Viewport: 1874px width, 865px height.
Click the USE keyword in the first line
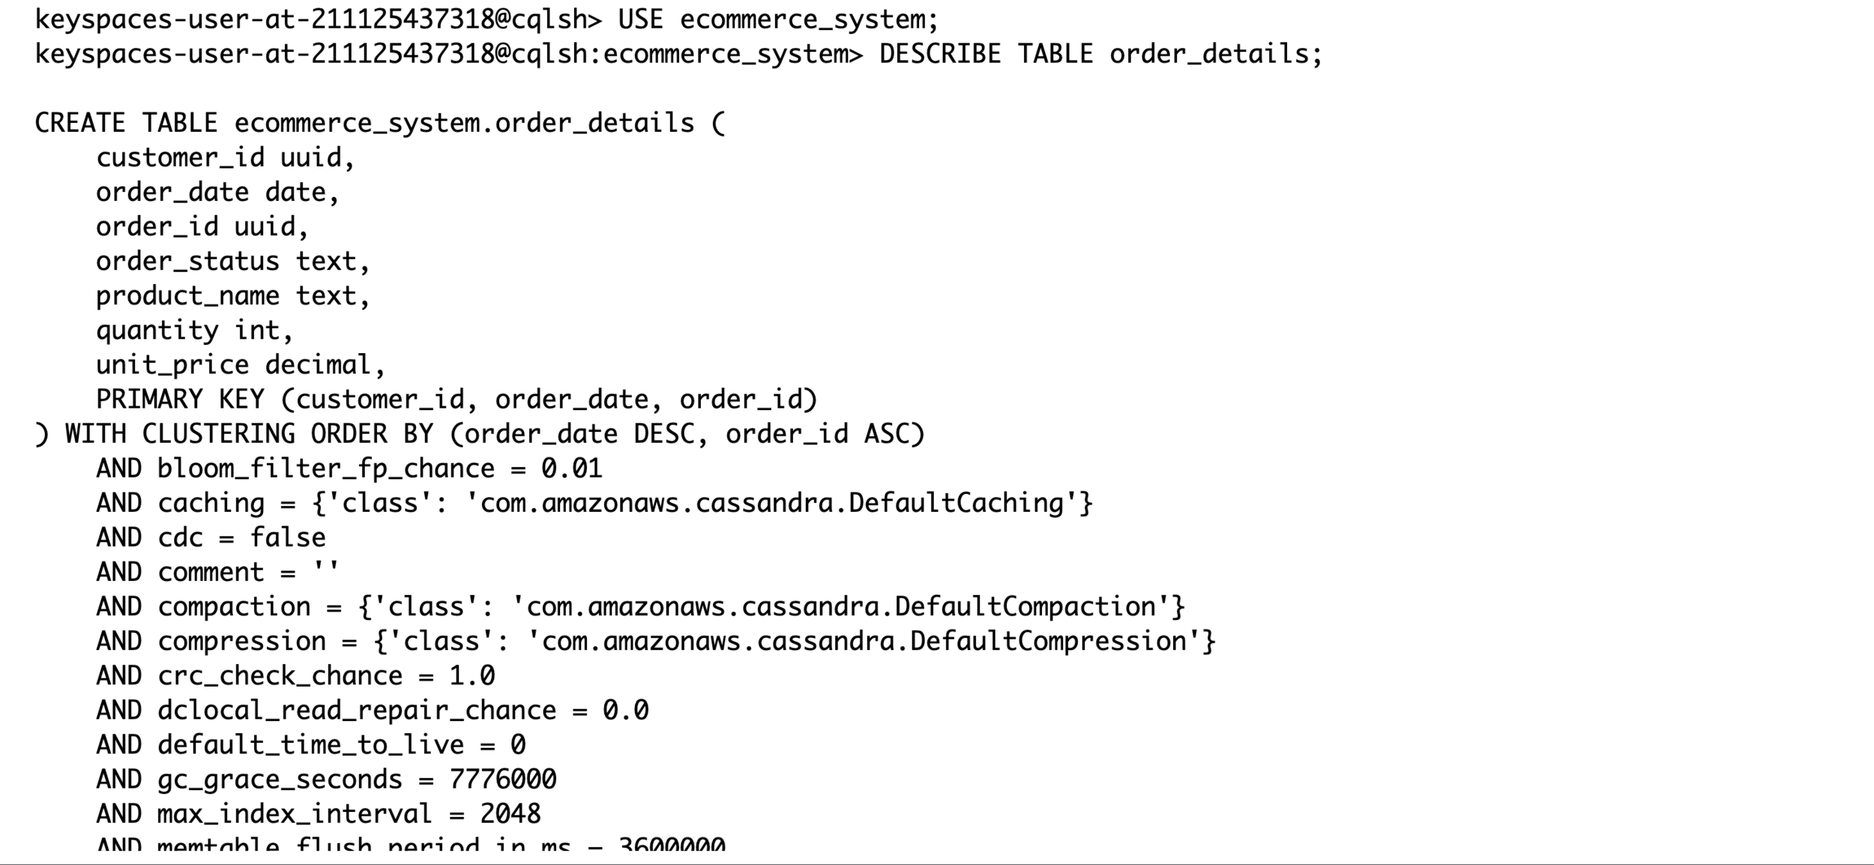coord(640,19)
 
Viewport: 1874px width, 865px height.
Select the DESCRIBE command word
coord(939,54)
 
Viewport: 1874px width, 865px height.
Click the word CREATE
coord(80,123)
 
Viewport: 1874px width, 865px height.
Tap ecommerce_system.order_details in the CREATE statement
coord(464,123)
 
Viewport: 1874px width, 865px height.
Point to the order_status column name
coord(187,261)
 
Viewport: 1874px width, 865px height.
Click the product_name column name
coord(187,295)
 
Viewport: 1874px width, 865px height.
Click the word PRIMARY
coord(149,400)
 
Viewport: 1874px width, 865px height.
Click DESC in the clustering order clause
coord(663,434)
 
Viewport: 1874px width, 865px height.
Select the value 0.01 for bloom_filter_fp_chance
coord(571,468)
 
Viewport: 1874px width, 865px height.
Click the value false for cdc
coord(288,537)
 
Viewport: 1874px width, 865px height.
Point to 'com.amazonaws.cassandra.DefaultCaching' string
coord(771,503)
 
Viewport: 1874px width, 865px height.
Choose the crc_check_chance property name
coord(280,676)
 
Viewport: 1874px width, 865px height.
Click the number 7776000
coord(502,780)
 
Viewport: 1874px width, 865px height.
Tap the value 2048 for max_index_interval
coord(510,814)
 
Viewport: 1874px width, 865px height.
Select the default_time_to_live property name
coord(310,745)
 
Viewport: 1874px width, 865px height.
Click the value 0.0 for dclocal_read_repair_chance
coord(625,711)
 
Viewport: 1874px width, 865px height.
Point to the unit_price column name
coord(172,365)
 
